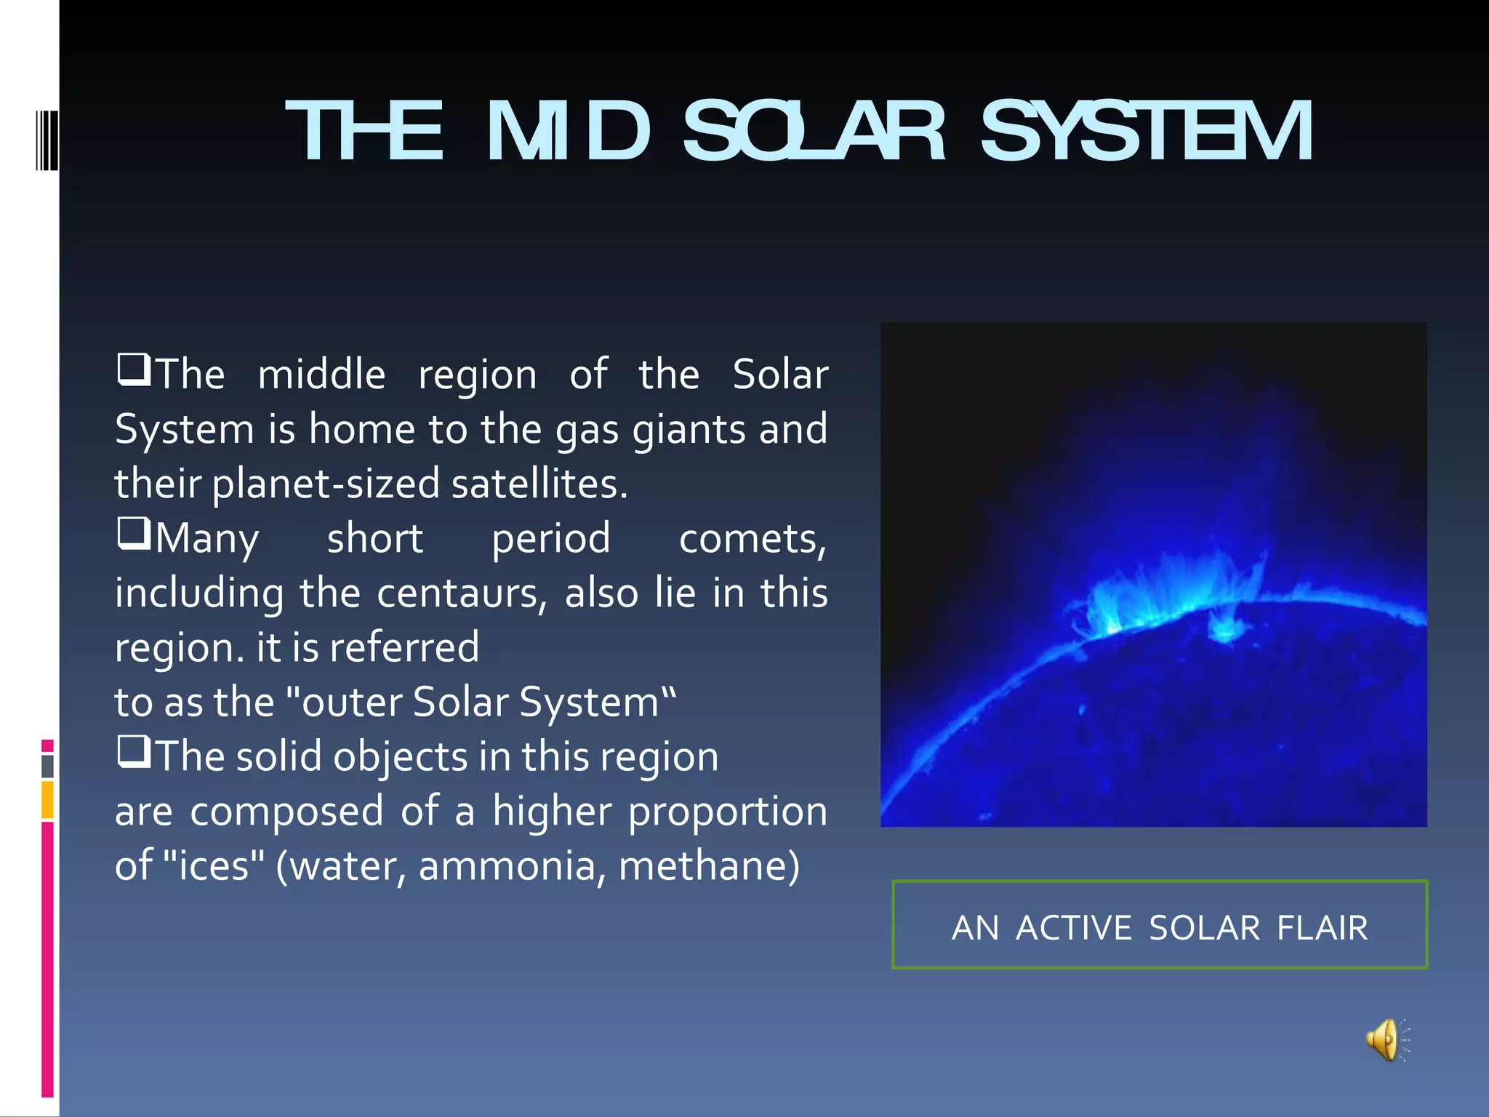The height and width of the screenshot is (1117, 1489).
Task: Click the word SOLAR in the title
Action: (x=814, y=132)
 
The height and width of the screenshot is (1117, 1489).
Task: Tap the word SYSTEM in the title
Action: (x=1147, y=132)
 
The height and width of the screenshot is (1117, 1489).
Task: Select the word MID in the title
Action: (x=567, y=132)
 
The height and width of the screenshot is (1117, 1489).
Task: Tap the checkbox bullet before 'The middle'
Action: (x=134, y=369)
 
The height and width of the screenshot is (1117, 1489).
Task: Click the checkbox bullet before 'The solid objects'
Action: (x=134, y=752)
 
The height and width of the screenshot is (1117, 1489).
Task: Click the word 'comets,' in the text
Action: (x=752, y=540)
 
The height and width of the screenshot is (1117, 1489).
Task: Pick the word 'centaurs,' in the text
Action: (x=462, y=593)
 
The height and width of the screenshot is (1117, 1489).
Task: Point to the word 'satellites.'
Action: (x=539, y=484)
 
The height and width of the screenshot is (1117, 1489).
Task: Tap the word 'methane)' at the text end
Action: (x=709, y=866)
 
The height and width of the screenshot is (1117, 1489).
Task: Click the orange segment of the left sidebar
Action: (x=47, y=800)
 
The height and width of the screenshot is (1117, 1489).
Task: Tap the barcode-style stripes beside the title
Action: (x=47, y=140)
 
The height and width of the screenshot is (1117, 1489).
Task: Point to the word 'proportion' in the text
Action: (x=728, y=812)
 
